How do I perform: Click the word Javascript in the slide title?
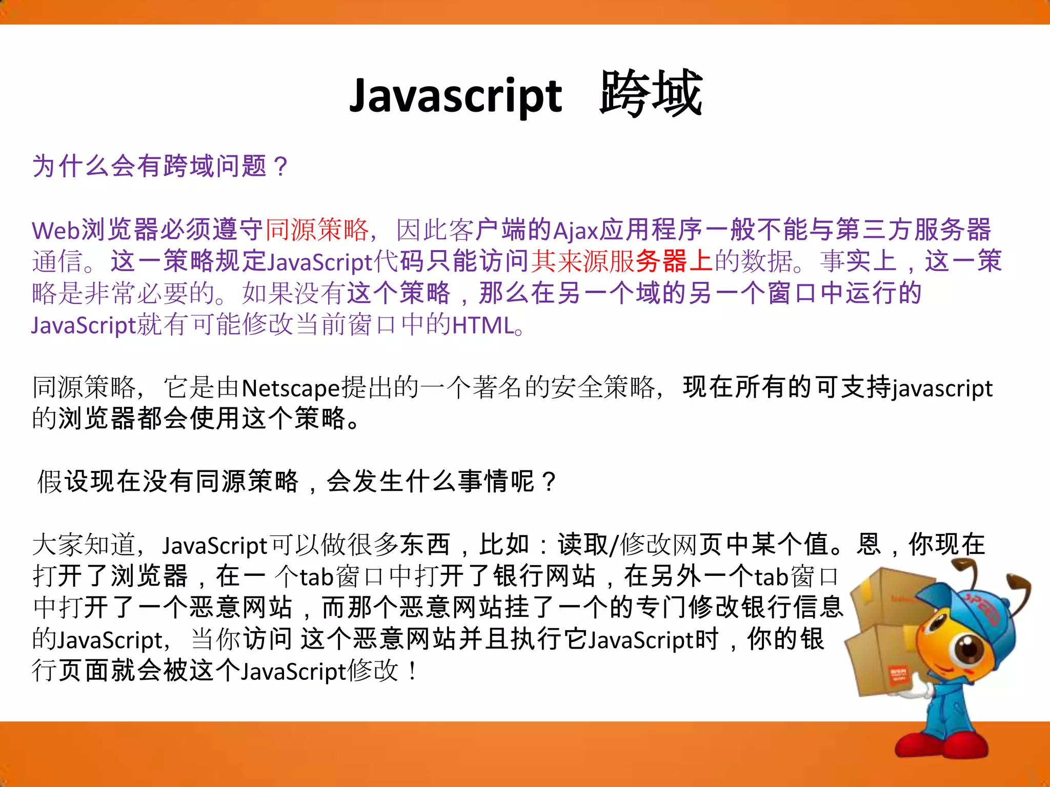(x=456, y=96)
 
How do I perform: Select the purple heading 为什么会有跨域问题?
(x=149, y=166)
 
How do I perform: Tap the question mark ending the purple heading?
(x=281, y=167)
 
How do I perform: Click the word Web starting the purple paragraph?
(x=56, y=230)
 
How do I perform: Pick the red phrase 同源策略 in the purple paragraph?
(x=317, y=229)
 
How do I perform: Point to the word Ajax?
(x=576, y=230)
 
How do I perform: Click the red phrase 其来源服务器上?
(x=622, y=261)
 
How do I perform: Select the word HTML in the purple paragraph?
(x=482, y=325)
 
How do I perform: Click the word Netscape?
(x=291, y=388)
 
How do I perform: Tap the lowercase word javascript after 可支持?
(x=942, y=388)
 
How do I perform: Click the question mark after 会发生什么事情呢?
(x=549, y=482)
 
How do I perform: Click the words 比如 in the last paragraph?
(x=503, y=545)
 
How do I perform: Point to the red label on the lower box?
(x=897, y=676)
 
